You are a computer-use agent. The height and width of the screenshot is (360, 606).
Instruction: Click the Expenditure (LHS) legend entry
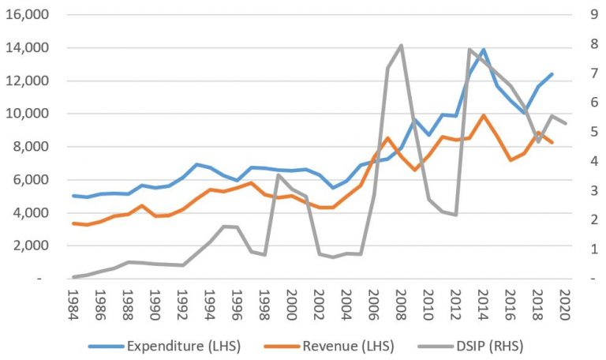pos(165,346)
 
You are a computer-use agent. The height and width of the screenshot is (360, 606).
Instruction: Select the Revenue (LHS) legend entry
pos(329,346)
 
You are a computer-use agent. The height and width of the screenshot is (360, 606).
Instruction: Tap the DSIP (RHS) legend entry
pos(471,346)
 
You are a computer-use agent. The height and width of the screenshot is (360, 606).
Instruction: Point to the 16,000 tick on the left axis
pos(28,14)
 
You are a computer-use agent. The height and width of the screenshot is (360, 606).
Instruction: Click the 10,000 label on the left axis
pos(28,114)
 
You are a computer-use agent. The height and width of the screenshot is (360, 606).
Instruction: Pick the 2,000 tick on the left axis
pos(31,246)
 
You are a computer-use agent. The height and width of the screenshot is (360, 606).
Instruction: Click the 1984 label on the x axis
pos(73,305)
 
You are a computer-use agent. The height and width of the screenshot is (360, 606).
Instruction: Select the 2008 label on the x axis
pos(401,305)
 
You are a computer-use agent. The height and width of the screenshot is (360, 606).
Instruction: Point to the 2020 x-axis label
pos(565,305)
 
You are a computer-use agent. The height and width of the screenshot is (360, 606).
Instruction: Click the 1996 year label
pos(237,305)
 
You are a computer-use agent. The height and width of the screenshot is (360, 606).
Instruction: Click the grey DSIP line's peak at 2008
pos(401,46)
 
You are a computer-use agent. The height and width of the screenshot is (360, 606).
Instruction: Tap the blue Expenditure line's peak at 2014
pos(483,50)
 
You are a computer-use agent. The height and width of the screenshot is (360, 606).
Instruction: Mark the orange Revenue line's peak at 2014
pos(483,115)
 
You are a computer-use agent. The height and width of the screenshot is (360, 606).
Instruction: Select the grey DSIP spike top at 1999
pos(278,175)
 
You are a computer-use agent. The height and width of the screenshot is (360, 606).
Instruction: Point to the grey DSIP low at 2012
pos(455,215)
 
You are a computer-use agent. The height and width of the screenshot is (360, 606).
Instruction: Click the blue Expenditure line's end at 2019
pos(552,74)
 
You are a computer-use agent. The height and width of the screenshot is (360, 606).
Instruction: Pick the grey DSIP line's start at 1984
pos(73,277)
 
